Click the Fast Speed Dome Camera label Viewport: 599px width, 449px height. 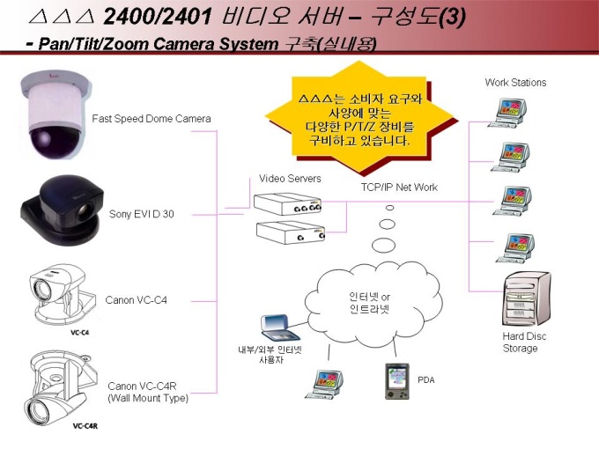coord(152,119)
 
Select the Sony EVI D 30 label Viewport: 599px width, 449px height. coord(141,214)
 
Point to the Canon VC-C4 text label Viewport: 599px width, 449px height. coord(136,300)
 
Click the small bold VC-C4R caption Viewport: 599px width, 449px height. coord(85,426)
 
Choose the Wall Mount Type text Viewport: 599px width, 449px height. coord(148,398)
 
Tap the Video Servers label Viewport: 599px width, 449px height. coord(290,179)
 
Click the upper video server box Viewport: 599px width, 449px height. coord(288,204)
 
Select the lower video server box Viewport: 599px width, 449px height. coord(291,232)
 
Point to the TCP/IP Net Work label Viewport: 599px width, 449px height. coord(399,187)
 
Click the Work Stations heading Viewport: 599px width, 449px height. coord(515,82)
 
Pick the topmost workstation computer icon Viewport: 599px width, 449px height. coord(507,113)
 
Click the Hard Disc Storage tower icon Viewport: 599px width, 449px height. coord(528,298)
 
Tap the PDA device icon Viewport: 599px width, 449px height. coord(397,381)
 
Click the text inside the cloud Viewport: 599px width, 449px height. coord(369,303)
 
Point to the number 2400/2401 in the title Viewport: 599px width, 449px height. coord(158,17)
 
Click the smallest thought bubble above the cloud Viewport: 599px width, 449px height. coord(389,208)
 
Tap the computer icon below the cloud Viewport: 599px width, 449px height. coord(324,385)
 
